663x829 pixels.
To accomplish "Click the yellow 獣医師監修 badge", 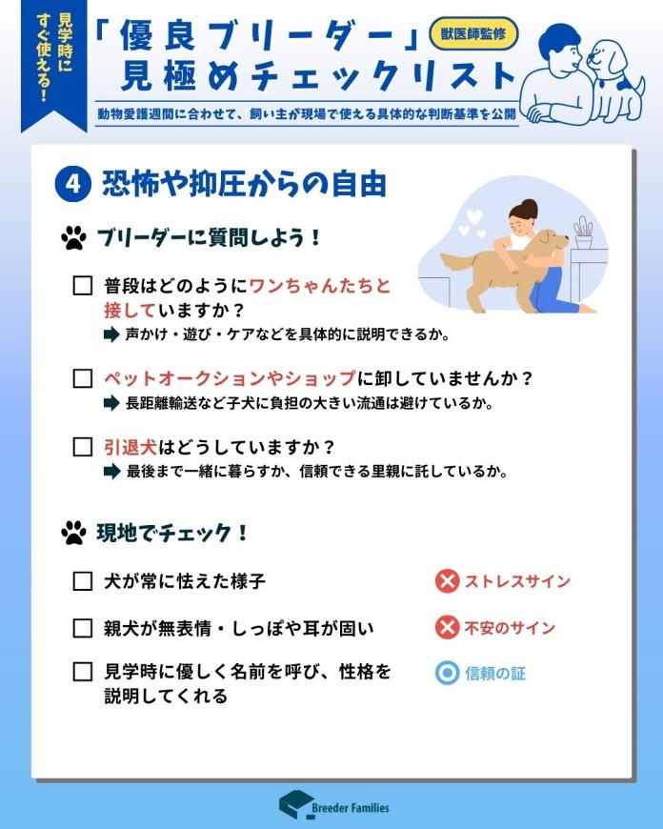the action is coord(473,34).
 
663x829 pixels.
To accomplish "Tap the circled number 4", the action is coord(73,185).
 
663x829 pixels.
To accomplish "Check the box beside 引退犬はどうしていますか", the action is coord(83,447).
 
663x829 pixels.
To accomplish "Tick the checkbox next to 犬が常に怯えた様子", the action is coord(83,581).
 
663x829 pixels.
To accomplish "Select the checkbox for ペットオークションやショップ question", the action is coord(83,378).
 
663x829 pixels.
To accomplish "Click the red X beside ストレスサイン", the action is coord(447,581).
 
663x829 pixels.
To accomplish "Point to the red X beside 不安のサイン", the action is coord(447,628).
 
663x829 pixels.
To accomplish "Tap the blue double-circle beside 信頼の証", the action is coord(447,674).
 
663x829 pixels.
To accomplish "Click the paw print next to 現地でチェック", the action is coord(74,533).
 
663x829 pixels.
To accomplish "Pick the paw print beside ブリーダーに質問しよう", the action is coord(74,238).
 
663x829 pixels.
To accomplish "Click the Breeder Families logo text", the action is coord(350,808).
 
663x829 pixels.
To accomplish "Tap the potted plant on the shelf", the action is coord(584,233).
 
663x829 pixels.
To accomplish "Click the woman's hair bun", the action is coord(528,208).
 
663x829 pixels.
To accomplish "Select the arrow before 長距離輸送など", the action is coord(111,403).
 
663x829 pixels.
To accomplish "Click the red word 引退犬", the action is coord(131,447).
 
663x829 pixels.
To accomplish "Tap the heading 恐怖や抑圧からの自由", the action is coord(244,185).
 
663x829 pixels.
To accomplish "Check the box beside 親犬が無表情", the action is coord(83,628).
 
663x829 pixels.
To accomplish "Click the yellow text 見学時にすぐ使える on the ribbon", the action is coord(54,57).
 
